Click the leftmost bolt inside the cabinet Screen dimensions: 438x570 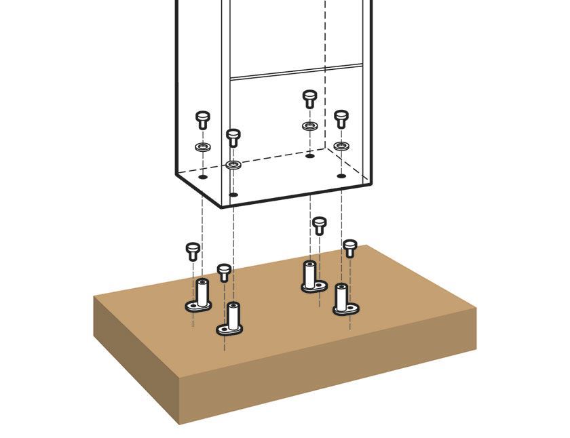click(x=202, y=121)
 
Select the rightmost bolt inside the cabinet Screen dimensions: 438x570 click(x=341, y=119)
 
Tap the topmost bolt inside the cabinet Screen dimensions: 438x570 click(x=309, y=99)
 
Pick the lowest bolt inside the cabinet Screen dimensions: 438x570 click(x=233, y=138)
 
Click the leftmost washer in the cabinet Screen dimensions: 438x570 click(x=202, y=146)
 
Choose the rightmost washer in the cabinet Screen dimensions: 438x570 click(x=341, y=146)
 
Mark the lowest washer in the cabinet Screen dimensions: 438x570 click(x=233, y=165)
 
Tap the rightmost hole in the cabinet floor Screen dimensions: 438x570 click(x=341, y=176)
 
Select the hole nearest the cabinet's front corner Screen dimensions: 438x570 click(x=233, y=195)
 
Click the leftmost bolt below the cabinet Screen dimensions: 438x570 click(x=193, y=251)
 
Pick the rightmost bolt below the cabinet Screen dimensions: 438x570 click(x=350, y=248)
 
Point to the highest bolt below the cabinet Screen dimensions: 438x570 click(x=319, y=225)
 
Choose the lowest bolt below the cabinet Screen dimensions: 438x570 click(x=225, y=273)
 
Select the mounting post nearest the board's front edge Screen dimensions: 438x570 click(x=231, y=319)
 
